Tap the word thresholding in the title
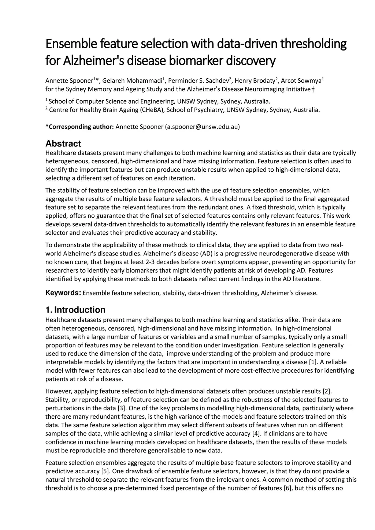click(x=313, y=44)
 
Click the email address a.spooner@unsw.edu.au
click(x=203, y=127)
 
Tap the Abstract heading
click(x=63, y=144)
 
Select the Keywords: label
click(x=63, y=293)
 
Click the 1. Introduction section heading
click(x=75, y=310)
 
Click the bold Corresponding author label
click(x=79, y=127)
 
